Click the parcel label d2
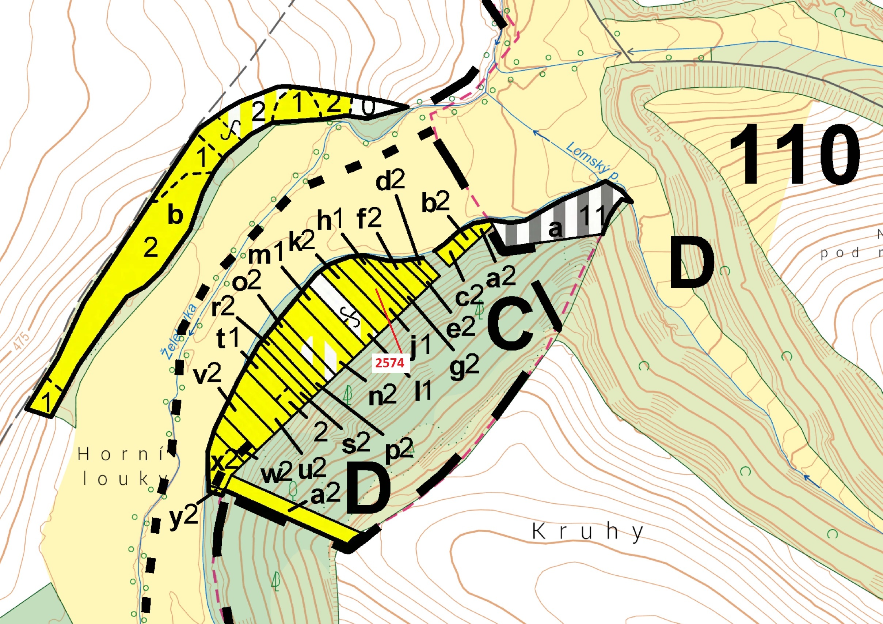point(390,181)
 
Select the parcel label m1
point(266,254)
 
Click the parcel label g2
point(465,370)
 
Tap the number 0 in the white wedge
point(368,109)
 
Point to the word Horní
point(121,455)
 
